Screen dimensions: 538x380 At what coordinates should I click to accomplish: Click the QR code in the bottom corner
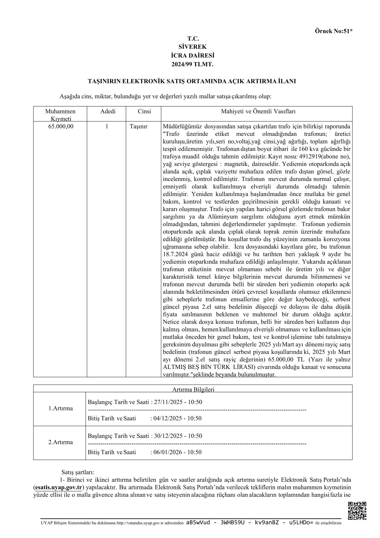357,511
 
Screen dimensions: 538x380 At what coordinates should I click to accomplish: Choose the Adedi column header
108,111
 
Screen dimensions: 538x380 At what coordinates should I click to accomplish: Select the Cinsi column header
144,111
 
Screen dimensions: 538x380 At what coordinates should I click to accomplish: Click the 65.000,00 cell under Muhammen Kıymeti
60,126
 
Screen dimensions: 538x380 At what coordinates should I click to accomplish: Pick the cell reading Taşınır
139,126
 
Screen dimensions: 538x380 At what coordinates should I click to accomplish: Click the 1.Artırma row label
60,408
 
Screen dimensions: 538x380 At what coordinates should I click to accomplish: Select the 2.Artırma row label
60,442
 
